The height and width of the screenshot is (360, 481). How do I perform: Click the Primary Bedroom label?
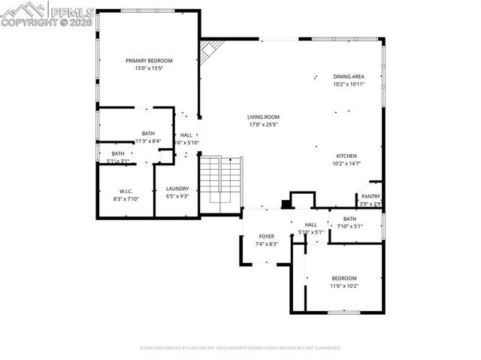click(149, 61)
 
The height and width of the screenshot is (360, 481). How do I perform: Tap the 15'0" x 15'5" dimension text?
click(149, 68)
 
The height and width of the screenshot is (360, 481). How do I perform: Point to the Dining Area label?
click(349, 77)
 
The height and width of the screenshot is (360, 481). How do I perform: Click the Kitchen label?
click(346, 156)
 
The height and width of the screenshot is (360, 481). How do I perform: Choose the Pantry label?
click(371, 196)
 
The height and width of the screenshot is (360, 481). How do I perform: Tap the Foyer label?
click(267, 236)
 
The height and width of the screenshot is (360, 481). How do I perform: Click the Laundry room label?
click(177, 189)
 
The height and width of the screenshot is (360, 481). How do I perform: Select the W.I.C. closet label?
click(126, 191)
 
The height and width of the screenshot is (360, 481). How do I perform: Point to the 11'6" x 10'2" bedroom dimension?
click(344, 286)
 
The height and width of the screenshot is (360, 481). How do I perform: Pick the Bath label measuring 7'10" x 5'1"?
click(350, 219)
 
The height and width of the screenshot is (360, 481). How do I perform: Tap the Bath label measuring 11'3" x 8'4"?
click(148, 134)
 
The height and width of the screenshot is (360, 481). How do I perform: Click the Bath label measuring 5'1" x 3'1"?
click(119, 153)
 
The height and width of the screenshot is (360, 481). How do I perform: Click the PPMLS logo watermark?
click(48, 14)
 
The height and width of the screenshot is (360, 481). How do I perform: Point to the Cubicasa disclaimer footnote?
click(240, 348)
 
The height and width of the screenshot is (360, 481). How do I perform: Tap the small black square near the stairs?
click(286, 203)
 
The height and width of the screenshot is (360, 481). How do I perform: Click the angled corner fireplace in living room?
click(211, 50)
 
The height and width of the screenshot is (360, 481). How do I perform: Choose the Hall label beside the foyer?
click(311, 225)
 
